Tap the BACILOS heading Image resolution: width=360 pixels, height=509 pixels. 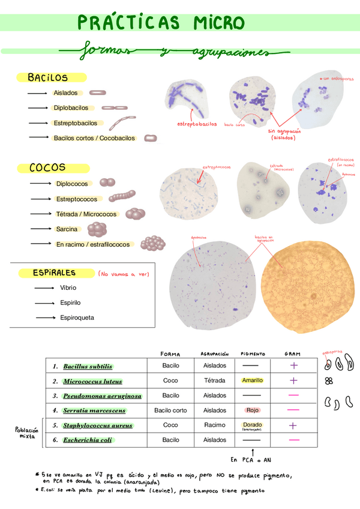coord(47,77)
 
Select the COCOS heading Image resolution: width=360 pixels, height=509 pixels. coord(47,168)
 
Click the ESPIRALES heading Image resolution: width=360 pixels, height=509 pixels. coord(55,273)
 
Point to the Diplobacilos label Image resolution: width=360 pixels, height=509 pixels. coord(71,108)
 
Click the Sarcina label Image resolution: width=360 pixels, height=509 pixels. coord(67,229)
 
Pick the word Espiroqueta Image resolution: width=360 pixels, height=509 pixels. coord(77,318)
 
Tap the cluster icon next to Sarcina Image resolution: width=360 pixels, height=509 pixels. coord(97,229)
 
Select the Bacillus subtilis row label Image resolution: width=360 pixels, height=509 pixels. coord(88,366)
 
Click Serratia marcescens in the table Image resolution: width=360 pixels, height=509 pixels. coord(94,411)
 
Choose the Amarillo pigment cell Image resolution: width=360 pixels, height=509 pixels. coord(252,381)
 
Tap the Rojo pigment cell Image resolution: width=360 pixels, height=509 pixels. coord(252,411)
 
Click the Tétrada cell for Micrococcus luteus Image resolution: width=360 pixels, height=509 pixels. coord(215,381)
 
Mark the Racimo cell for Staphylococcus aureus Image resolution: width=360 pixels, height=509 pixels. coord(215,425)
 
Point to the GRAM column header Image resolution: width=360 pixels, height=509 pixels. coord(292,354)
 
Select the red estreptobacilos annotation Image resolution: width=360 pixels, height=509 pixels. coord(197,124)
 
